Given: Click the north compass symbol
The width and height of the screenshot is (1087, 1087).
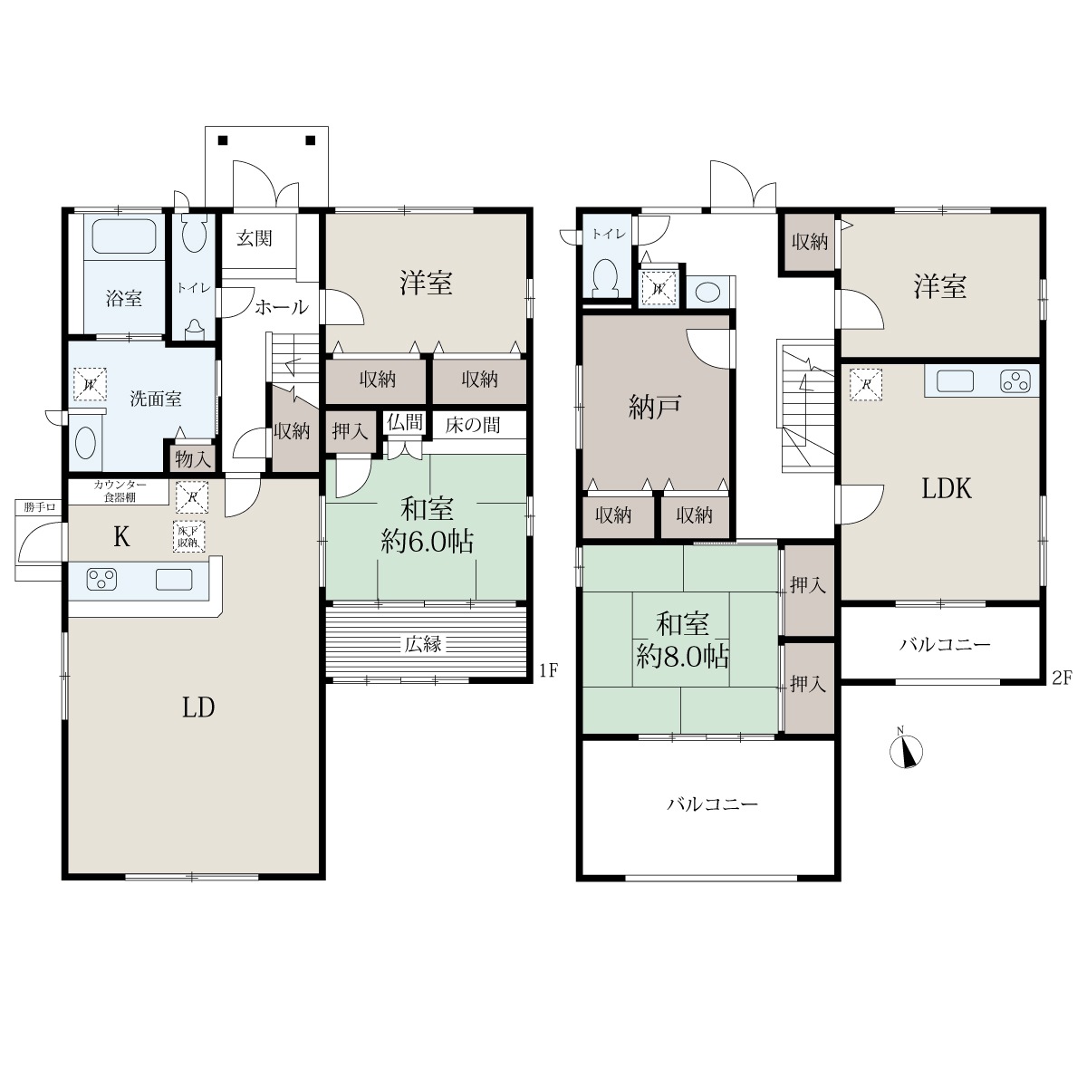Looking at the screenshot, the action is click(x=906, y=750).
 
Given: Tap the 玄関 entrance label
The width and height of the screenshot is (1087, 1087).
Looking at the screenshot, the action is click(x=255, y=238).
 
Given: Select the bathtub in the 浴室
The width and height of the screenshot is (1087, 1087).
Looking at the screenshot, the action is click(x=124, y=236).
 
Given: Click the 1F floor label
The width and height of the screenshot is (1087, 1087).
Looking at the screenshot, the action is click(x=548, y=670).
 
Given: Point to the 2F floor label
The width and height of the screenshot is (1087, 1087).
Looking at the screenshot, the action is click(x=1061, y=678).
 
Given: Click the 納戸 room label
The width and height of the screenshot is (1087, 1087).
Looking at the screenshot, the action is click(x=655, y=408).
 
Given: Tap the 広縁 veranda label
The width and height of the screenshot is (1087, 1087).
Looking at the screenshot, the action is click(x=423, y=644).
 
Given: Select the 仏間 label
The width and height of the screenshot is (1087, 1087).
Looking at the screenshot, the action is click(x=404, y=421).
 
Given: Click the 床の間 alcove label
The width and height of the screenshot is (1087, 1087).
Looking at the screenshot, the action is click(x=473, y=425).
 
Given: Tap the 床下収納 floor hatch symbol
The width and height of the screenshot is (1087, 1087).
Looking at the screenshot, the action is click(x=189, y=536).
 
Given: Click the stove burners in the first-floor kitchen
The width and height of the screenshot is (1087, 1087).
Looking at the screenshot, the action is click(x=101, y=580).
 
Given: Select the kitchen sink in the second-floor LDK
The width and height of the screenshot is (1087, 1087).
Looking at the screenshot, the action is click(x=955, y=380).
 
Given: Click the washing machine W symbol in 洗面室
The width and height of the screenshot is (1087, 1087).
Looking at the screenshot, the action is click(x=90, y=384).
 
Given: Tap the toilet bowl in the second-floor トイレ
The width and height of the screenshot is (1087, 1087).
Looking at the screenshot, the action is click(x=605, y=277).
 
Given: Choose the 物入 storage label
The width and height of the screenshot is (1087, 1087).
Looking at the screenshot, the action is click(x=192, y=459).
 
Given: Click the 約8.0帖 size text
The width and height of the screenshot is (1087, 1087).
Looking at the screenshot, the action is click(x=683, y=657).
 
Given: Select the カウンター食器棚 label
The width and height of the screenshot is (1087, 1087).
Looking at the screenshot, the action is click(x=120, y=491).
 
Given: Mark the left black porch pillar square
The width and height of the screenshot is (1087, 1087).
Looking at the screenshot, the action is click(x=224, y=140).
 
